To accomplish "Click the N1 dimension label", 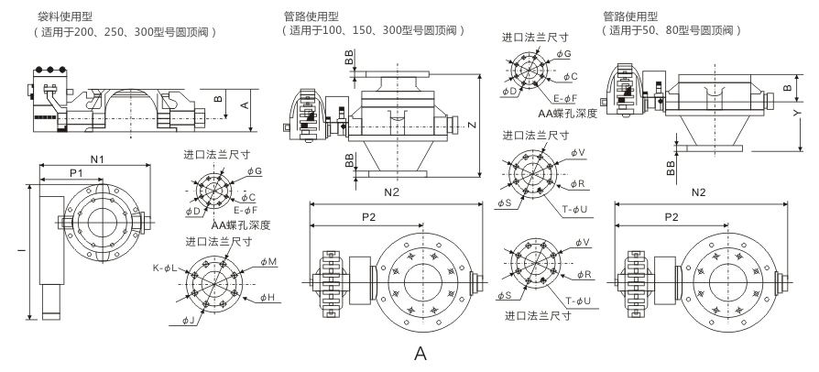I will pyautogui.click(x=94, y=159).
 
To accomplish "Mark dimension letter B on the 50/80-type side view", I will pyautogui.click(x=788, y=87).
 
